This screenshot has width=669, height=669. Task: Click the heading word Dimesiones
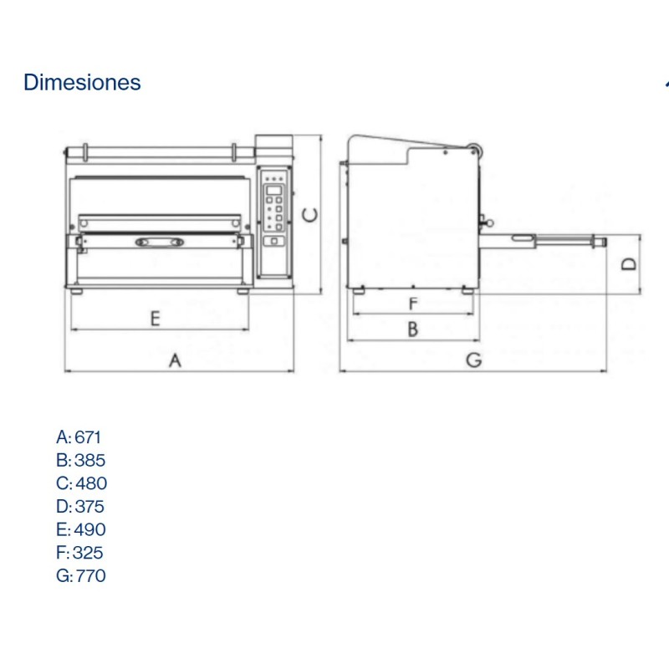tap(82, 83)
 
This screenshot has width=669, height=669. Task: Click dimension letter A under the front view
tap(175, 360)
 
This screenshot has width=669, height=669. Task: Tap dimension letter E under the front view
tap(155, 318)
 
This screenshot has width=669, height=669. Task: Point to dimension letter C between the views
tap(310, 215)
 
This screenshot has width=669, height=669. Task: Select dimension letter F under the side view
tap(412, 303)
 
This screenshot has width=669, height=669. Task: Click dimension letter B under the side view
tap(412, 329)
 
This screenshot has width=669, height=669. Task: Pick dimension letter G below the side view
tap(473, 360)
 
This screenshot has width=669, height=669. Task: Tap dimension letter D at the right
tap(630, 264)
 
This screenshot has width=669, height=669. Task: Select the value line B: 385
tap(80, 460)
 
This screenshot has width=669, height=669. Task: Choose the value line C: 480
tap(81, 483)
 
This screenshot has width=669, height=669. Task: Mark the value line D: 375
tap(80, 506)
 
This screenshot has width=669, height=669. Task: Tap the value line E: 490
tap(80, 529)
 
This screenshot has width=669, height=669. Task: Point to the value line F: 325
tap(79, 553)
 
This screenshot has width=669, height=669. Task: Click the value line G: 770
tap(80, 575)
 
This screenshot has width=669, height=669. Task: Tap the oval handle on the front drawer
tap(159, 243)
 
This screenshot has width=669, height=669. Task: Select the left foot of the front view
tap(77, 291)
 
